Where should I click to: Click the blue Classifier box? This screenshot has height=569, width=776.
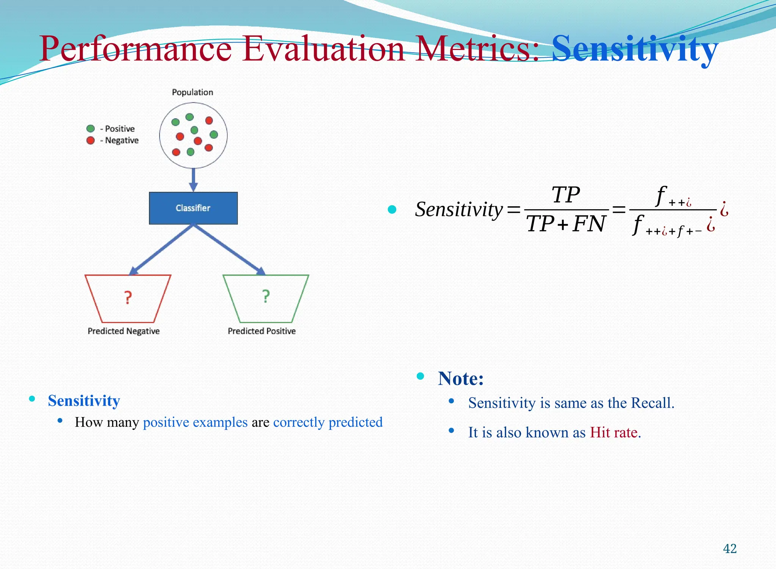[193, 208]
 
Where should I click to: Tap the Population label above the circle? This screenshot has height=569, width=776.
[192, 92]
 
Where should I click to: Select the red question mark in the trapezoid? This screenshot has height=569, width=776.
[128, 298]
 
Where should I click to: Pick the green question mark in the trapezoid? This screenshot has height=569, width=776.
[266, 296]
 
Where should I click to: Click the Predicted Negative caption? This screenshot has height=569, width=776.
[124, 331]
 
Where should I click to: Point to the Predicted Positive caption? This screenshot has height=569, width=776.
[261, 331]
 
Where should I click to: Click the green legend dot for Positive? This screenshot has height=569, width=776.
[91, 129]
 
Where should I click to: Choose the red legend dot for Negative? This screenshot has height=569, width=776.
[91, 140]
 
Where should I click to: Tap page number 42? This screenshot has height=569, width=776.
[730, 549]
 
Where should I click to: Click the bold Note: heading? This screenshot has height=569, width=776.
[461, 378]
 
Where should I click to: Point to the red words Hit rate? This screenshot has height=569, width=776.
[615, 433]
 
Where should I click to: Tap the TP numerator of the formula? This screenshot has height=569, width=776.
[566, 195]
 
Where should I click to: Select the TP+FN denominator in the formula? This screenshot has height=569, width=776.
[566, 224]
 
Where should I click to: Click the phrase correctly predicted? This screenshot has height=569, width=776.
[328, 422]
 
